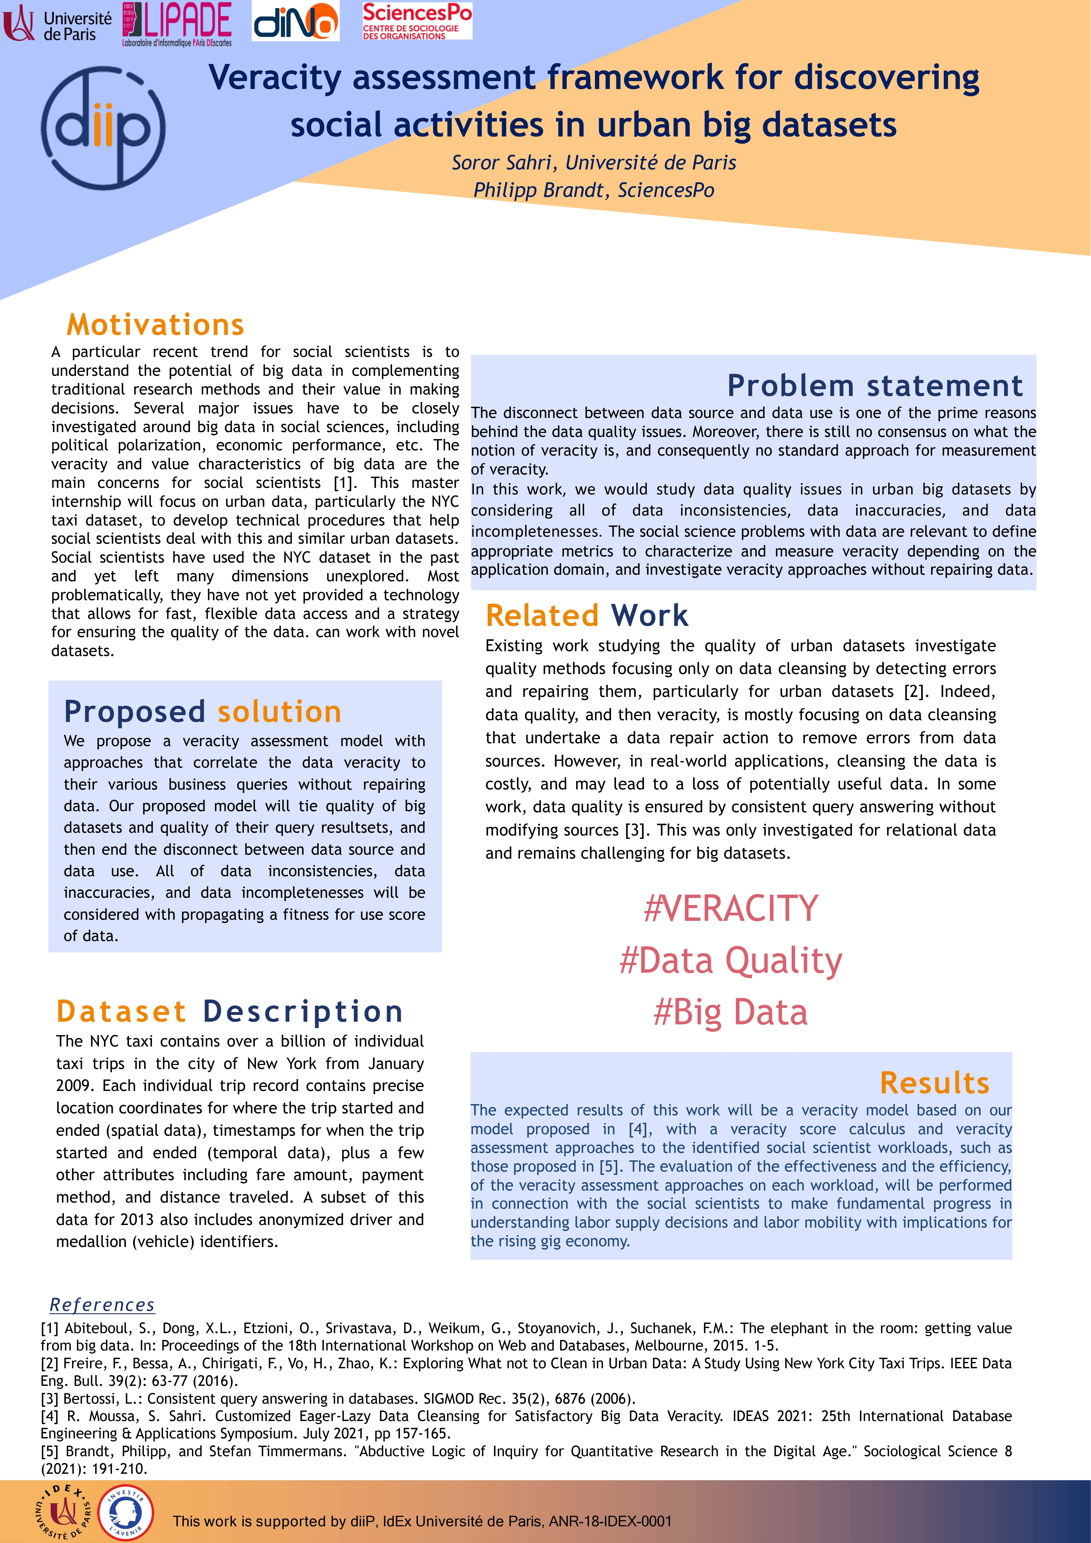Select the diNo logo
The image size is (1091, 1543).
coord(296,22)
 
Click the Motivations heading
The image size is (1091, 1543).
coord(155,325)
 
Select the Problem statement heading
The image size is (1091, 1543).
coord(875,386)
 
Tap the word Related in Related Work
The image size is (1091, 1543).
coord(541,616)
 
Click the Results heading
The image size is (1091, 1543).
coord(934,1083)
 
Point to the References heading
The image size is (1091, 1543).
coord(102,1305)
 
